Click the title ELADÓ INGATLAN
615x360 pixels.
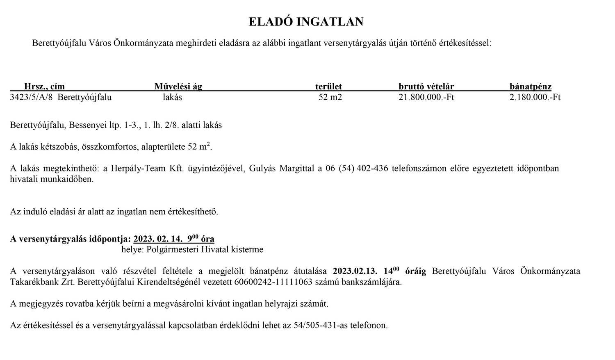[306, 22]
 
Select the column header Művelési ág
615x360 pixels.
[178, 87]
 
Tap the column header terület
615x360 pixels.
[328, 87]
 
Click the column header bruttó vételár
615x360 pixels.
[426, 87]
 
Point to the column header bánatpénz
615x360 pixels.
[531, 87]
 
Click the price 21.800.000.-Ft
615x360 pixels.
[426, 98]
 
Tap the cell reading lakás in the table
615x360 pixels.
[172, 98]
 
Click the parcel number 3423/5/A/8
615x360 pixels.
[32, 98]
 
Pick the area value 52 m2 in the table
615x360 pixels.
[330, 98]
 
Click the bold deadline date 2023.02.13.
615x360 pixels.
[355, 271]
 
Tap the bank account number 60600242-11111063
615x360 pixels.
[273, 283]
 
